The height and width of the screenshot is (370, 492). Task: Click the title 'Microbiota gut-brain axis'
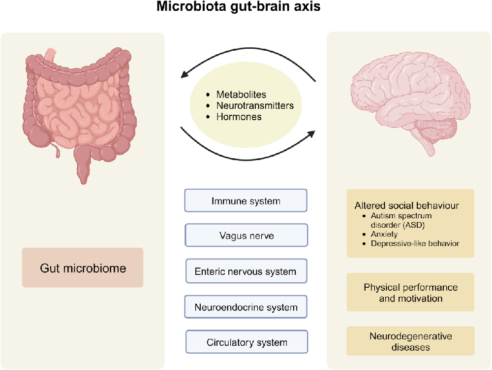[239, 6]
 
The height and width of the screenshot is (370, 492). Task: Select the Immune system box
[246, 201]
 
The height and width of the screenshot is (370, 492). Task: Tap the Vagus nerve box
[246, 235]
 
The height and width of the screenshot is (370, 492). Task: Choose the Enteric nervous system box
[246, 271]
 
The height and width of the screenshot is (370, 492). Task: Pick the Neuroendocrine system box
[246, 307]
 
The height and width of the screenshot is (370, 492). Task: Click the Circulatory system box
[246, 342]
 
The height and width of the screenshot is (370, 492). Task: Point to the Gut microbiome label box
[83, 268]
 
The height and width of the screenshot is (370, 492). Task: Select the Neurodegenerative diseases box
[410, 341]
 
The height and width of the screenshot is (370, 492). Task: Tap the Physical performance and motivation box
[410, 293]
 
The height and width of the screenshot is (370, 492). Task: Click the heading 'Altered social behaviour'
[407, 205]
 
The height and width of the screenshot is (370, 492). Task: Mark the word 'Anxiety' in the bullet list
[384, 235]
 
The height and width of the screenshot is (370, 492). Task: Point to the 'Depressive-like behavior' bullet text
[415, 243]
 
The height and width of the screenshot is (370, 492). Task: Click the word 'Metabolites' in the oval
[241, 95]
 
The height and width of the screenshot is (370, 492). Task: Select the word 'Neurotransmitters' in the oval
[255, 105]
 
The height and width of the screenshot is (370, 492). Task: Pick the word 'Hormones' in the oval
[239, 117]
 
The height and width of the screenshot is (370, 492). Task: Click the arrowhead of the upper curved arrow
[184, 74]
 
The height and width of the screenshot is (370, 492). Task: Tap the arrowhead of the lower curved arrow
[311, 134]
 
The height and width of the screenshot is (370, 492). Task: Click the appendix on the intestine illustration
[58, 151]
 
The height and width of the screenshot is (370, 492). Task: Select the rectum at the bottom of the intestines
[83, 167]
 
